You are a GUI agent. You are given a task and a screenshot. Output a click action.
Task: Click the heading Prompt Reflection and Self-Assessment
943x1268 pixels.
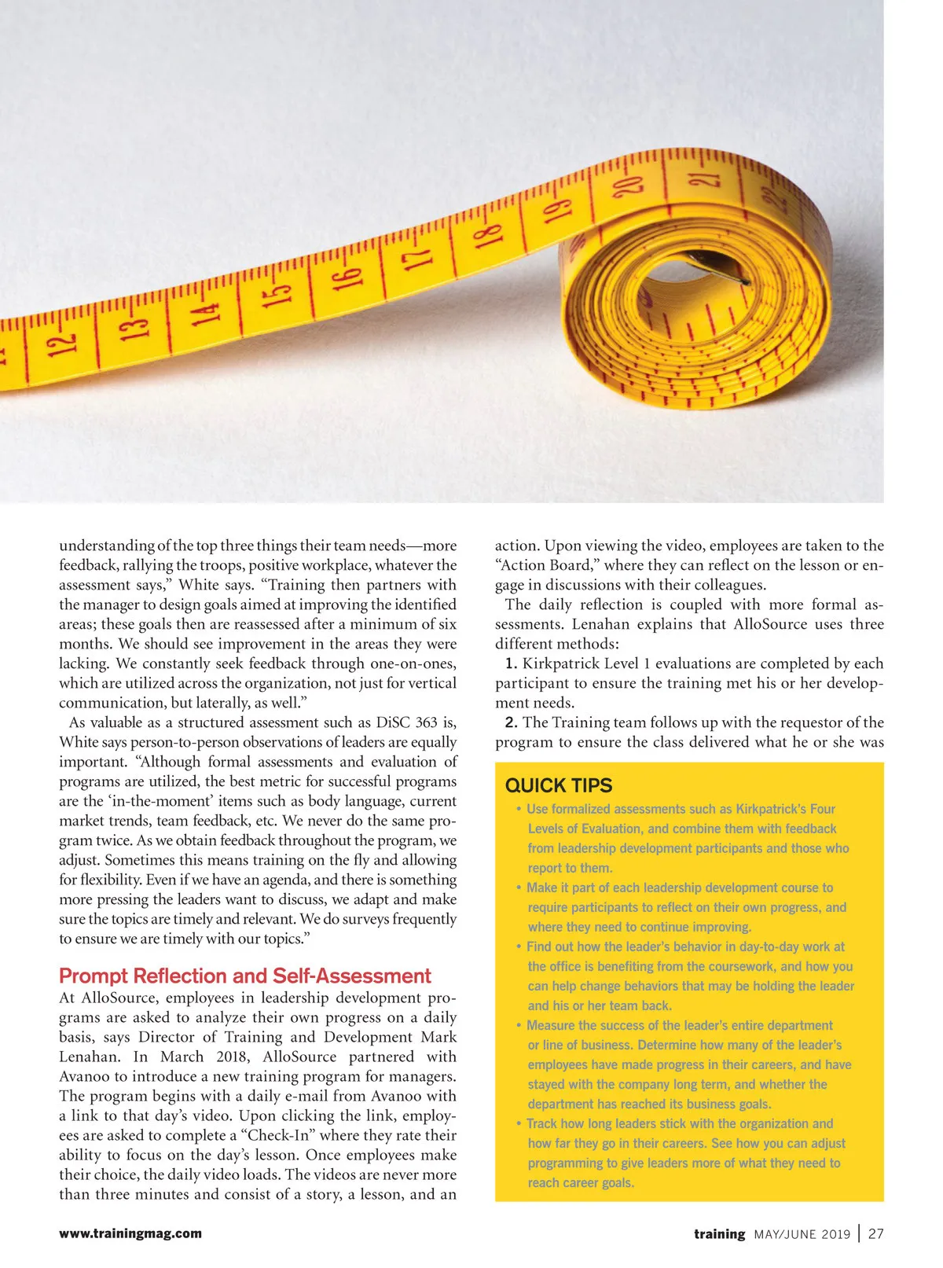coord(244,976)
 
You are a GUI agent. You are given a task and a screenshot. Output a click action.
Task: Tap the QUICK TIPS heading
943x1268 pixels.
coord(558,785)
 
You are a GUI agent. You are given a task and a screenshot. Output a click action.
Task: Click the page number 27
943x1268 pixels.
coord(875,1233)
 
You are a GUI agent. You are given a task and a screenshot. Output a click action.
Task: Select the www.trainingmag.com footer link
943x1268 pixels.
coord(130,1233)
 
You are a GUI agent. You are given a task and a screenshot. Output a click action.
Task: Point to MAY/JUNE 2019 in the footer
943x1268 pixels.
coord(801,1234)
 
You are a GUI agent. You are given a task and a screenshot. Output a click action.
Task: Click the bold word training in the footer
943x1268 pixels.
coord(719,1233)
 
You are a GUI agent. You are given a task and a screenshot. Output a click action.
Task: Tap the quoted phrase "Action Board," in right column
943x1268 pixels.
coord(543,565)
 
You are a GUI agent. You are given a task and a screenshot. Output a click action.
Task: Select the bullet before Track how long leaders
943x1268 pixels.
coord(519,1124)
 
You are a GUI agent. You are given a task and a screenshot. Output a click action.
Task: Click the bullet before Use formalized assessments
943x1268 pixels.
coord(519,809)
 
